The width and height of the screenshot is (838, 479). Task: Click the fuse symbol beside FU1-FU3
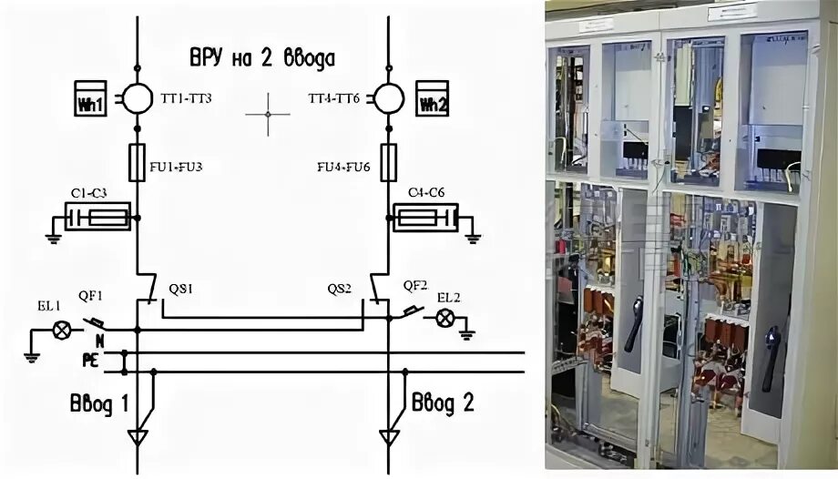[x=138, y=162]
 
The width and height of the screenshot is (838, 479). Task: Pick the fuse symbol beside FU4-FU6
[x=389, y=162]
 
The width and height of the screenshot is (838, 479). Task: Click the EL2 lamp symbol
[x=445, y=317]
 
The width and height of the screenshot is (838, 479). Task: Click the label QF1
[x=90, y=295]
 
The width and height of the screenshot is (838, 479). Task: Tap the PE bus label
[x=91, y=361]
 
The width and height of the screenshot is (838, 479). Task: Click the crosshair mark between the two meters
[x=267, y=114]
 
